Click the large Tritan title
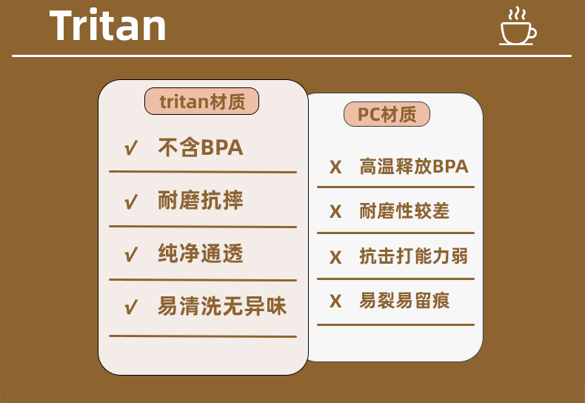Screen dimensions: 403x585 pyautogui.click(x=108, y=27)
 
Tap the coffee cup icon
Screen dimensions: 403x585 pyautogui.click(x=518, y=28)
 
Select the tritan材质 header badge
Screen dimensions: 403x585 pyautogui.click(x=202, y=101)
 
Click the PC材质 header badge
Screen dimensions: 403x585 pyautogui.click(x=387, y=115)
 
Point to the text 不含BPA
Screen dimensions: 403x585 pyautogui.click(x=201, y=148)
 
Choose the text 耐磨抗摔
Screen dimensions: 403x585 pyautogui.click(x=201, y=201)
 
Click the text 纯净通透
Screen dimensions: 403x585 pyautogui.click(x=201, y=254)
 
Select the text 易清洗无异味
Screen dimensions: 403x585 pyautogui.click(x=222, y=307)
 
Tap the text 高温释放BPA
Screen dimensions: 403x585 pyautogui.click(x=414, y=167)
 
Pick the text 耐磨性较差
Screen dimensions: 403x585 pyautogui.click(x=404, y=211)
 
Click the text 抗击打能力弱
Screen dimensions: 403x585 pyautogui.click(x=414, y=256)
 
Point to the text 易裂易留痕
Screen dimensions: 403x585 pyautogui.click(x=404, y=301)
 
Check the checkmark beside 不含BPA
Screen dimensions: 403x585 pyautogui.click(x=132, y=149)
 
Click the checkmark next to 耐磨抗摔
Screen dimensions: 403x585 pyautogui.click(x=132, y=201)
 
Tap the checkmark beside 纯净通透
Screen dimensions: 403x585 pyautogui.click(x=132, y=255)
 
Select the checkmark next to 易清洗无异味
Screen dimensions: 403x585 pyautogui.click(x=132, y=307)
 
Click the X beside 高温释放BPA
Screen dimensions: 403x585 pyautogui.click(x=335, y=167)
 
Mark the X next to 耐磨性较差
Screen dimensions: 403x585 pyautogui.click(x=335, y=212)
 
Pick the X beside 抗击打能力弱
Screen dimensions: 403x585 pyautogui.click(x=335, y=257)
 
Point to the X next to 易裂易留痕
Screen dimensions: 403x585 pyautogui.click(x=335, y=302)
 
